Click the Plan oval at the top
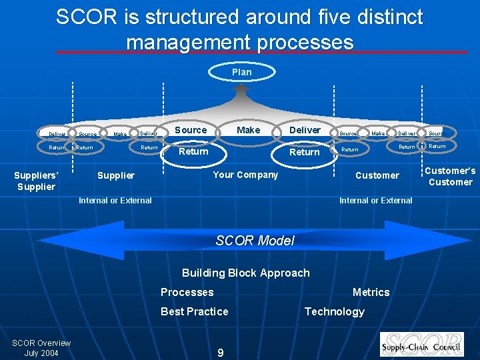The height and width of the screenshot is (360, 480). coord(241,72)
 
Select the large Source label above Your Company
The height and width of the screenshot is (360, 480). coord(191,130)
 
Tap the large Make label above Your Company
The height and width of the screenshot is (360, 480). coord(248,130)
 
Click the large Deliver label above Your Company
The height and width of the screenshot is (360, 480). coord(305,130)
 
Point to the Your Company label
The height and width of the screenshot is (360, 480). coord(245,175)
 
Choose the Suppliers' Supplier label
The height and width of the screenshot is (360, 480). coord(36,181)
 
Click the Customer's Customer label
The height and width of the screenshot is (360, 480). coord(450,176)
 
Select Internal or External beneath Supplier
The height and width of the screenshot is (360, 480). coord(115,200)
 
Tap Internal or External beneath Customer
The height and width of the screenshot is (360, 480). coord(375,200)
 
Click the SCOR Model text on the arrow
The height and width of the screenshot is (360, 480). coord(255,241)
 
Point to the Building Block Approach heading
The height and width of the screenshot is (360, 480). coord(245,273)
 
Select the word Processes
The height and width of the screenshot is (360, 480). coord(187,292)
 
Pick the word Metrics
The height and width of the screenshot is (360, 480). coord(371,292)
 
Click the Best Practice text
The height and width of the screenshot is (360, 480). coord(194,311)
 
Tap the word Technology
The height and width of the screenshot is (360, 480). coord(334,311)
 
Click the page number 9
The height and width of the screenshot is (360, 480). coord(221,353)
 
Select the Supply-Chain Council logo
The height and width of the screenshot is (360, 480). coord(421,344)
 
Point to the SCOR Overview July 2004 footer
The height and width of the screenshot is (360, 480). coord(41,347)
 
